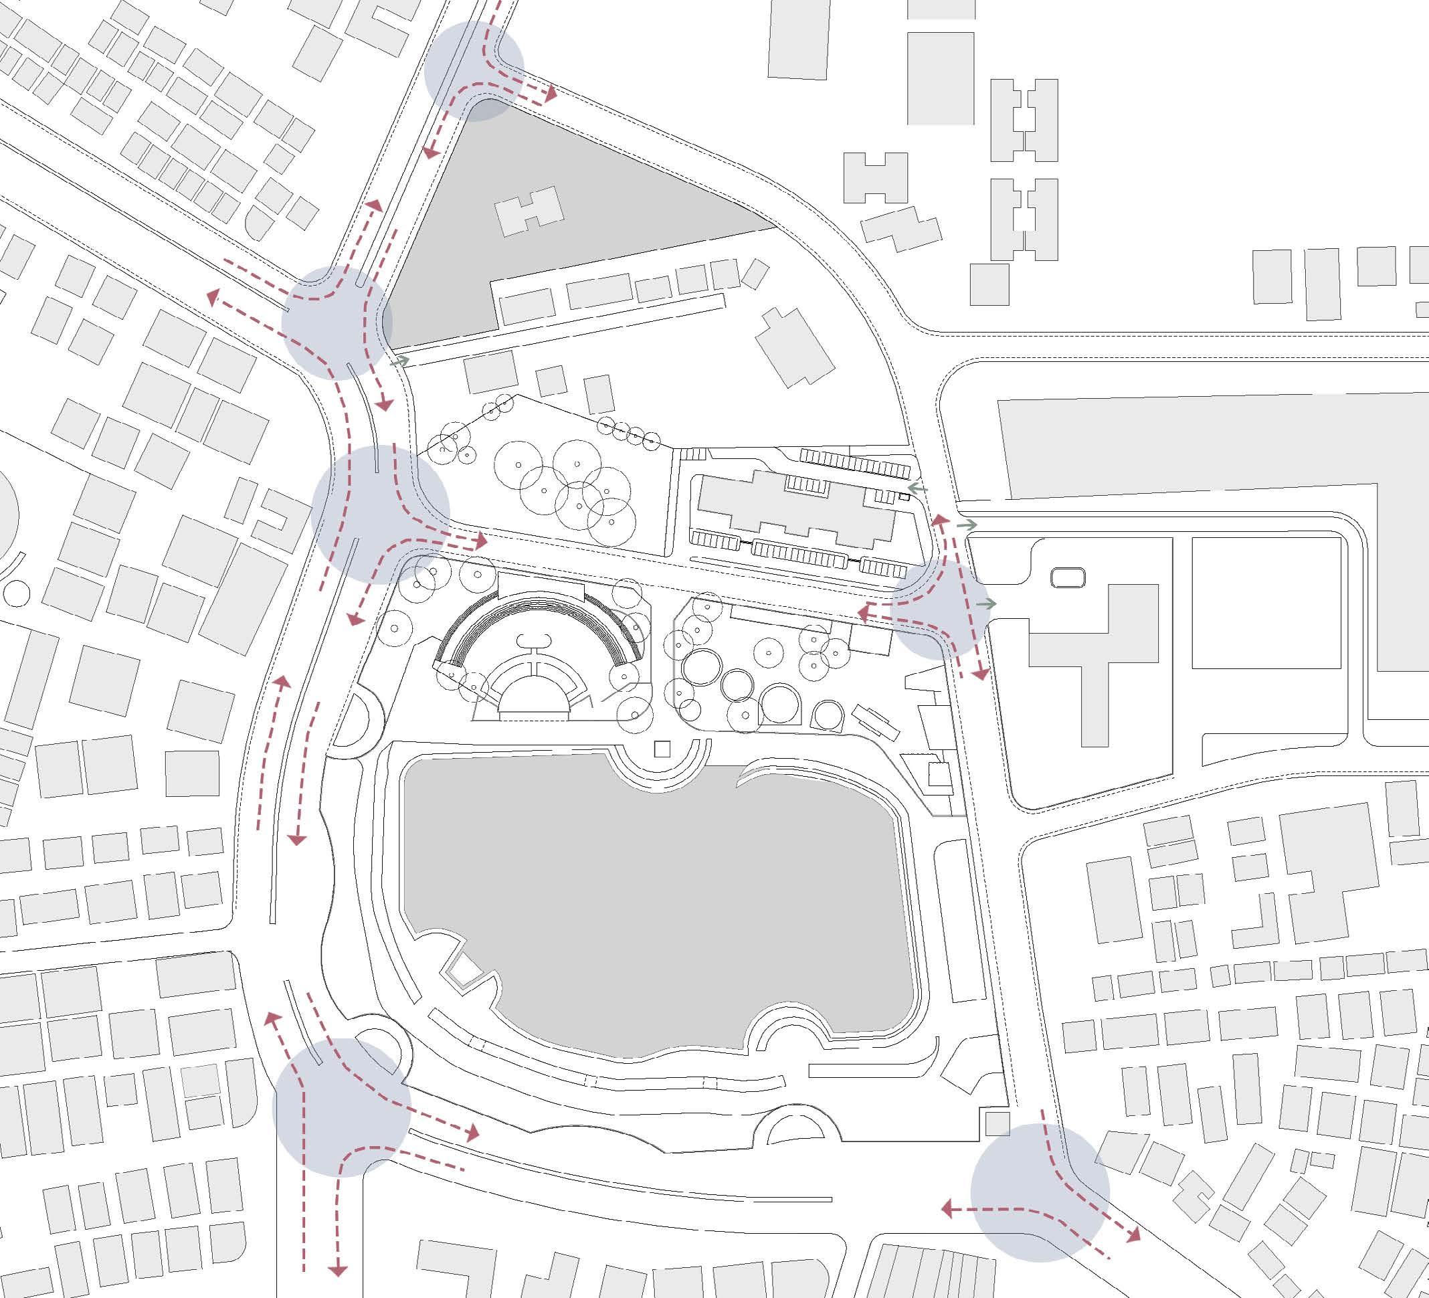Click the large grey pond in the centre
[659, 901]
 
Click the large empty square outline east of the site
[1266, 603]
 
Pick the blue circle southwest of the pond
[342, 1107]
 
